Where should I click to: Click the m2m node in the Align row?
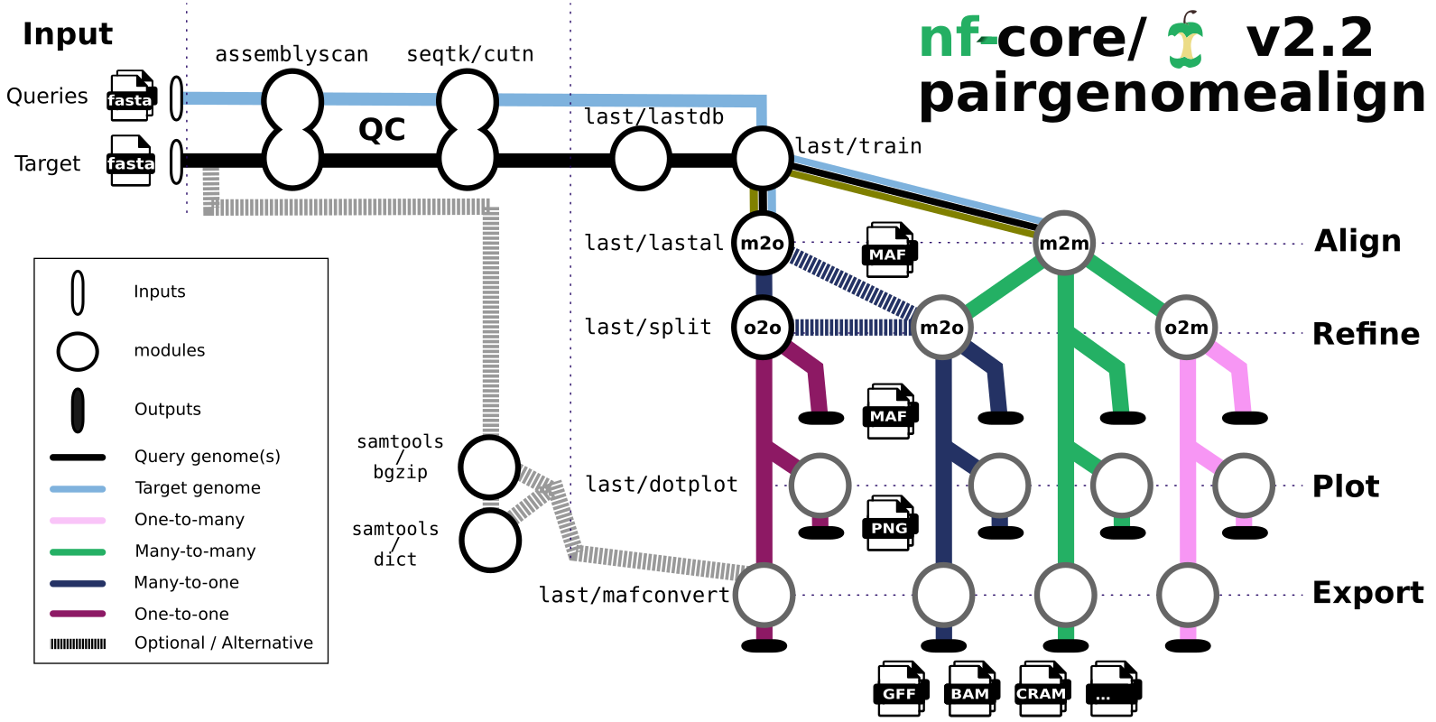pyautogui.click(x=1064, y=243)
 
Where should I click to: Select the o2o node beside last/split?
pyautogui.click(x=763, y=328)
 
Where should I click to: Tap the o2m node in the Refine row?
pyautogui.click(x=1186, y=328)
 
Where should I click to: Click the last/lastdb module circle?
pyautogui.click(x=641, y=159)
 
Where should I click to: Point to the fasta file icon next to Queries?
pyautogui.click(x=131, y=97)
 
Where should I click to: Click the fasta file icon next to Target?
pyautogui.click(x=131, y=162)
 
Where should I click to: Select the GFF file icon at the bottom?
pyautogui.click(x=900, y=690)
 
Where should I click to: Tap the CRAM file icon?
pyautogui.click(x=1042, y=690)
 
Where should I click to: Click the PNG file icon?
pyautogui.click(x=889, y=523)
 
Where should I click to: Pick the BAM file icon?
pyautogui.click(x=970, y=690)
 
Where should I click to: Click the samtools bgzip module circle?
pyautogui.click(x=489, y=467)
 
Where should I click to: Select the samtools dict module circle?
pyautogui.click(x=490, y=541)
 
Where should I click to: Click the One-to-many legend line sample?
pyautogui.click(x=78, y=520)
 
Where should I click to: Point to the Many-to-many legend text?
pyautogui.click(x=195, y=551)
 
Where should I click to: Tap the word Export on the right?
pyautogui.click(x=1367, y=593)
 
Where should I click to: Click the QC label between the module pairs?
pyautogui.click(x=382, y=130)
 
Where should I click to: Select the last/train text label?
pyautogui.click(x=858, y=146)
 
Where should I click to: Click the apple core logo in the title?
pyautogui.click(x=1185, y=42)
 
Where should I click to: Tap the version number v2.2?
pyautogui.click(x=1309, y=38)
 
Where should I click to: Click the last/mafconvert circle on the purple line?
pyautogui.click(x=764, y=595)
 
